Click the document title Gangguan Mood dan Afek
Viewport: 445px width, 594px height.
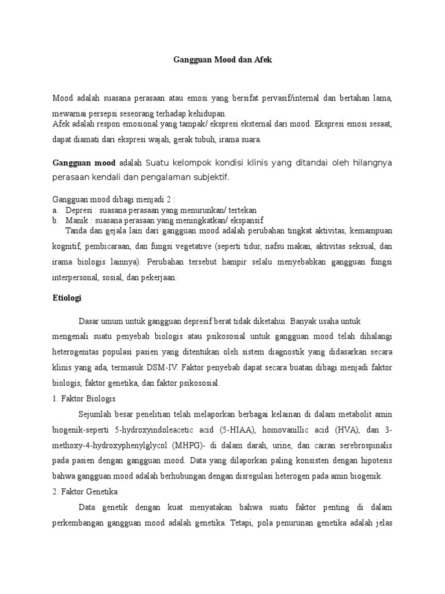(x=222, y=59)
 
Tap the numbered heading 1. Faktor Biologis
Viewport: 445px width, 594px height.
(x=84, y=399)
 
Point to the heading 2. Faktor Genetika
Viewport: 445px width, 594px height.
(x=85, y=492)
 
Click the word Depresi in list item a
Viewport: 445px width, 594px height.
(x=78, y=210)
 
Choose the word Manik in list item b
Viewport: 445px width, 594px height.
(x=76, y=220)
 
